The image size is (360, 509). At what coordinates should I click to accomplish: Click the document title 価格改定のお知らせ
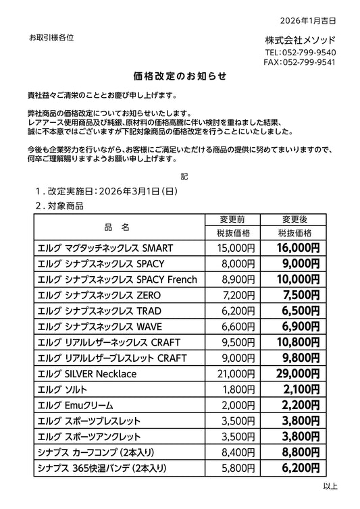click(180, 75)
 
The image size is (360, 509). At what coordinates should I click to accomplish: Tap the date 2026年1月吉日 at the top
click(307, 21)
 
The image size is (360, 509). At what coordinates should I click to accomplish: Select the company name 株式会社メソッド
click(300, 39)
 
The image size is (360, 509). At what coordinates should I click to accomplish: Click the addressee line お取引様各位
click(51, 37)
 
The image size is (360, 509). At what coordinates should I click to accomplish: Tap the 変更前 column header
click(232, 220)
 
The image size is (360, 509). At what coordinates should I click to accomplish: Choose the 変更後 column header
click(294, 220)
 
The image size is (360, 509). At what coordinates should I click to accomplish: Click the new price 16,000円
click(298, 248)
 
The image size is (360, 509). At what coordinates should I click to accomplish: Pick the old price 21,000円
click(232, 373)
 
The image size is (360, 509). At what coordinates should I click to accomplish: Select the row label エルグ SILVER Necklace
click(87, 373)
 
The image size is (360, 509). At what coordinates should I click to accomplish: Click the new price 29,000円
click(298, 373)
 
